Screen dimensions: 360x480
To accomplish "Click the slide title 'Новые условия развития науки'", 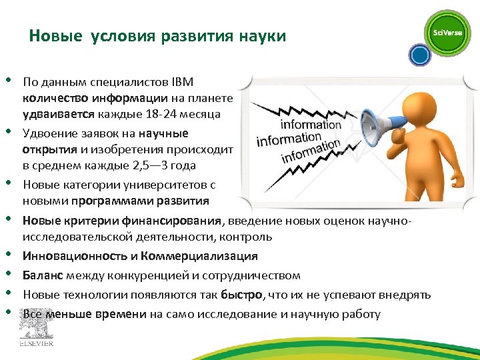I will coord(157,36).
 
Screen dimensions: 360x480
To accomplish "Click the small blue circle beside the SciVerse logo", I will coord(420,55).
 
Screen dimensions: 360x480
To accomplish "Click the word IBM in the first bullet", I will coord(182,82).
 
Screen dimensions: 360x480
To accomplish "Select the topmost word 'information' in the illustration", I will coord(311,125).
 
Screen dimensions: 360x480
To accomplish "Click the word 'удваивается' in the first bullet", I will coord(55,114).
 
